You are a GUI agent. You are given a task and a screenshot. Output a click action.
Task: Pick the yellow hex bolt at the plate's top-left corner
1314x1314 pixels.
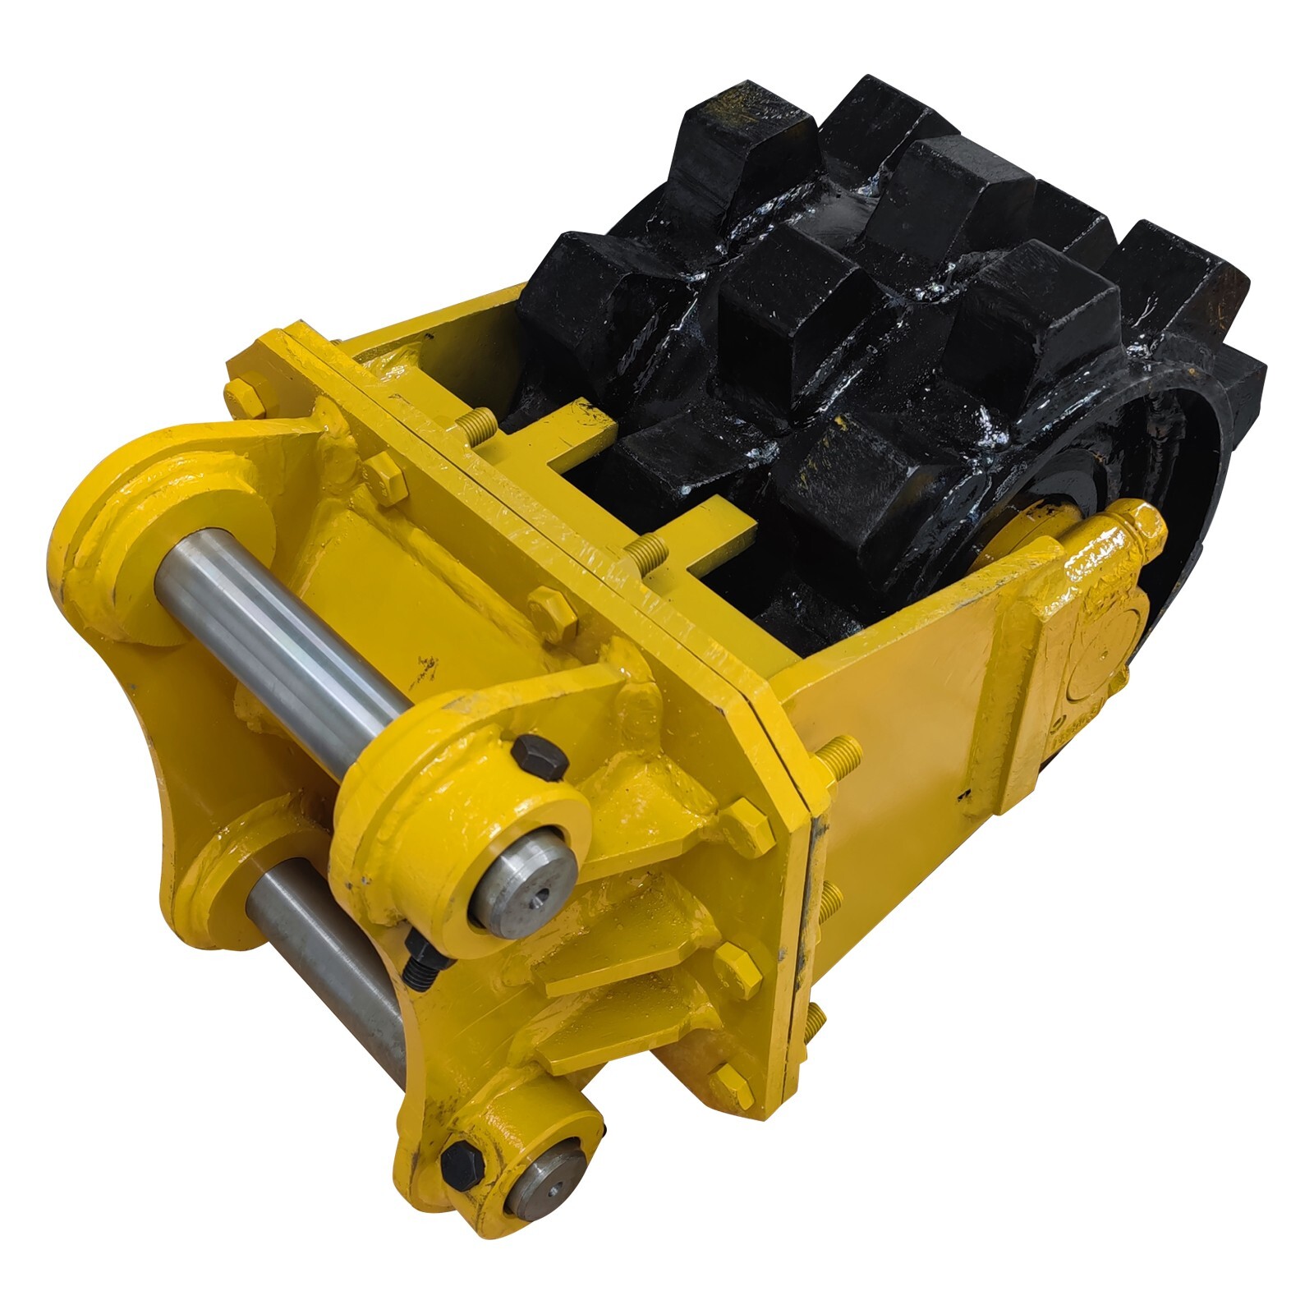(243, 397)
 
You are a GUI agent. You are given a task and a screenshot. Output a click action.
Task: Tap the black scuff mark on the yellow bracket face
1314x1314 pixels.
(424, 667)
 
